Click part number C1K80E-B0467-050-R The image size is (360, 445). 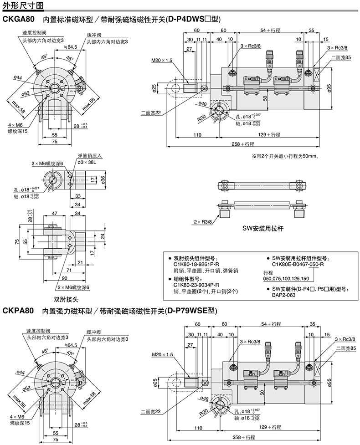[x=298, y=264]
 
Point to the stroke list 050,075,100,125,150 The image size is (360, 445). [x=286, y=278]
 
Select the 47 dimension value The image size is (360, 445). [x=54, y=213]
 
